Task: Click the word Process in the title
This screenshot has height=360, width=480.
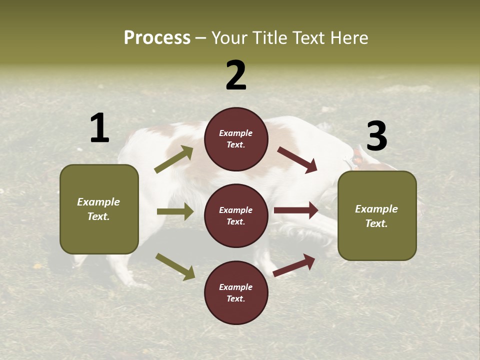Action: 157,38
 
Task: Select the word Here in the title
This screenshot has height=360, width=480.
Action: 349,38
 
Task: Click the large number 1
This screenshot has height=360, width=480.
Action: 99,128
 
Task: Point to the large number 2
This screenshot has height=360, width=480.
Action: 236,75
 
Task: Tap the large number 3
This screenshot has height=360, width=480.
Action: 376,136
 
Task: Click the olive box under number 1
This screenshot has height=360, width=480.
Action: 99,209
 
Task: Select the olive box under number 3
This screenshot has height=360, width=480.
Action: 377,215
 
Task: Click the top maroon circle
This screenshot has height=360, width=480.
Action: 236,139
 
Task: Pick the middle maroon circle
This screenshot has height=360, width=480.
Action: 236,215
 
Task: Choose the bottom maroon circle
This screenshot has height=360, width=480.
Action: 236,292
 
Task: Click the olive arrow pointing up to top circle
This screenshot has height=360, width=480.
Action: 174,159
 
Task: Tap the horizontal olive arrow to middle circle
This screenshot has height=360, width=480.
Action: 175,211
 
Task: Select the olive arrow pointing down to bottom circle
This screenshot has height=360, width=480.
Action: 175,266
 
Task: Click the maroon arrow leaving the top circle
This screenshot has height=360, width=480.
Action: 297,159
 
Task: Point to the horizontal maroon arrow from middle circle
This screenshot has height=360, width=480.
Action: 296,210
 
